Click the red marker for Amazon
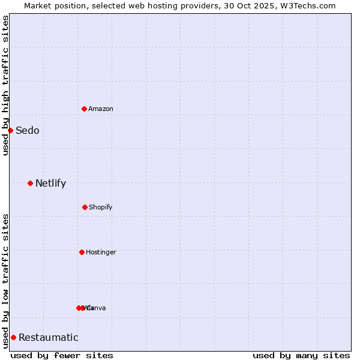(85, 109)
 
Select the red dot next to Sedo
(10, 130)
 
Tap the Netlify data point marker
(30, 183)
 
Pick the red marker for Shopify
(85, 207)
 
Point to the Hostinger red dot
(82, 252)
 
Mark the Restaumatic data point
(13, 337)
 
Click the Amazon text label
(101, 109)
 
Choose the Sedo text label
(28, 131)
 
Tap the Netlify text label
(50, 184)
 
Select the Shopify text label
(101, 207)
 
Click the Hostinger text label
(101, 252)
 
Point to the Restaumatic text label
(49, 338)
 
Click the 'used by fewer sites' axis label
(62, 355)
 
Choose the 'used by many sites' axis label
(301, 355)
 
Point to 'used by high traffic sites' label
(5, 85)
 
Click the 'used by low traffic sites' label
(5, 281)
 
